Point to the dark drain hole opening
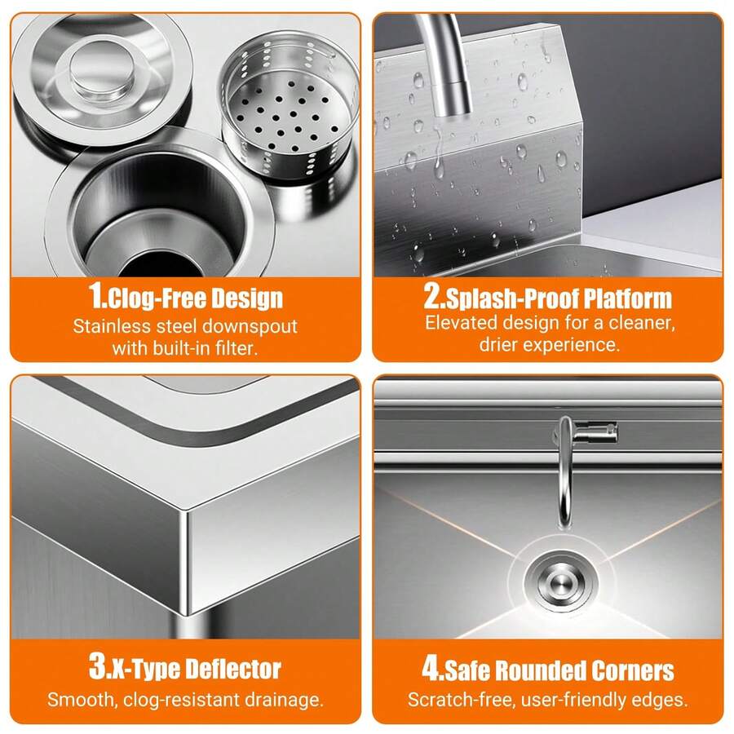point(160,264)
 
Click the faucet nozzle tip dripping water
point(452,99)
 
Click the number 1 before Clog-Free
point(97,295)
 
